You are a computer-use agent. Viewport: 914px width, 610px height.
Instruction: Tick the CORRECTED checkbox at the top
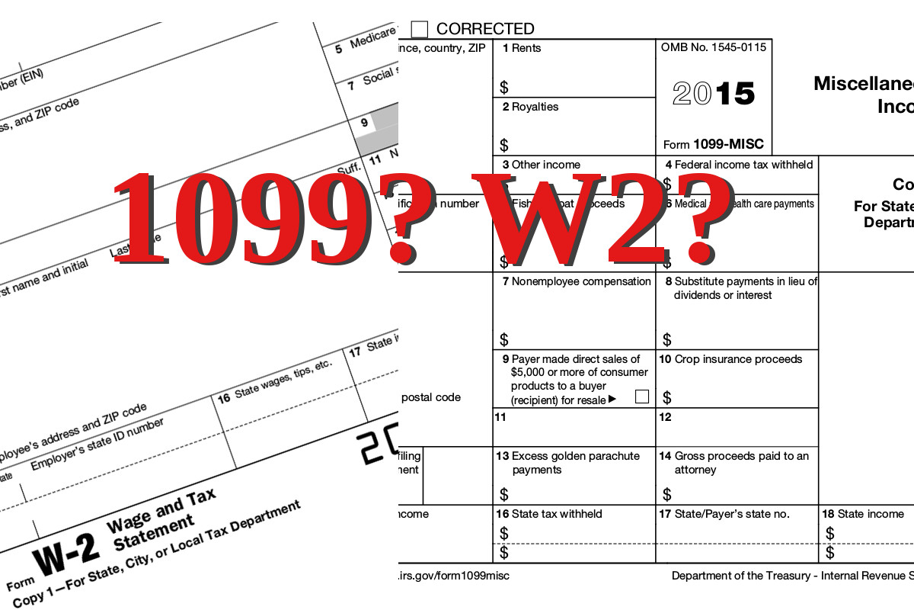pos(420,29)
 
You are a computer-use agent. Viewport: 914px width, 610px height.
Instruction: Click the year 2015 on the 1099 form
pos(714,93)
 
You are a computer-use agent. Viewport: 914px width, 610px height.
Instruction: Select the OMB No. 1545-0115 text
pos(714,47)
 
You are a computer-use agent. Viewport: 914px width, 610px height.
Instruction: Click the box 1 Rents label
pos(522,48)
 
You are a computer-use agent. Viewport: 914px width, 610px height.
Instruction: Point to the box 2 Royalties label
pos(530,107)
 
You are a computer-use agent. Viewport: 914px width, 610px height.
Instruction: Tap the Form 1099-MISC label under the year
pos(713,144)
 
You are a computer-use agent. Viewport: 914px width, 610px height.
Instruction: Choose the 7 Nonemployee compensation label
pos(577,281)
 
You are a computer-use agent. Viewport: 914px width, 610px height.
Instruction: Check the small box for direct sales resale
pos(641,396)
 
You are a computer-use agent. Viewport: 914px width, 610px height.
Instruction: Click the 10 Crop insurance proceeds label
pos(730,359)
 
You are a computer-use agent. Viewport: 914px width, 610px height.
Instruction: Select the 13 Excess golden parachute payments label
pos(568,463)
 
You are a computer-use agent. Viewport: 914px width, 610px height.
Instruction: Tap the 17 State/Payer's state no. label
pos(724,514)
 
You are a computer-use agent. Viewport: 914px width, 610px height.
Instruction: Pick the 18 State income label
pos(863,514)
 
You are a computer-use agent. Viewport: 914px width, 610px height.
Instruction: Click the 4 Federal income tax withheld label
pos(739,165)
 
